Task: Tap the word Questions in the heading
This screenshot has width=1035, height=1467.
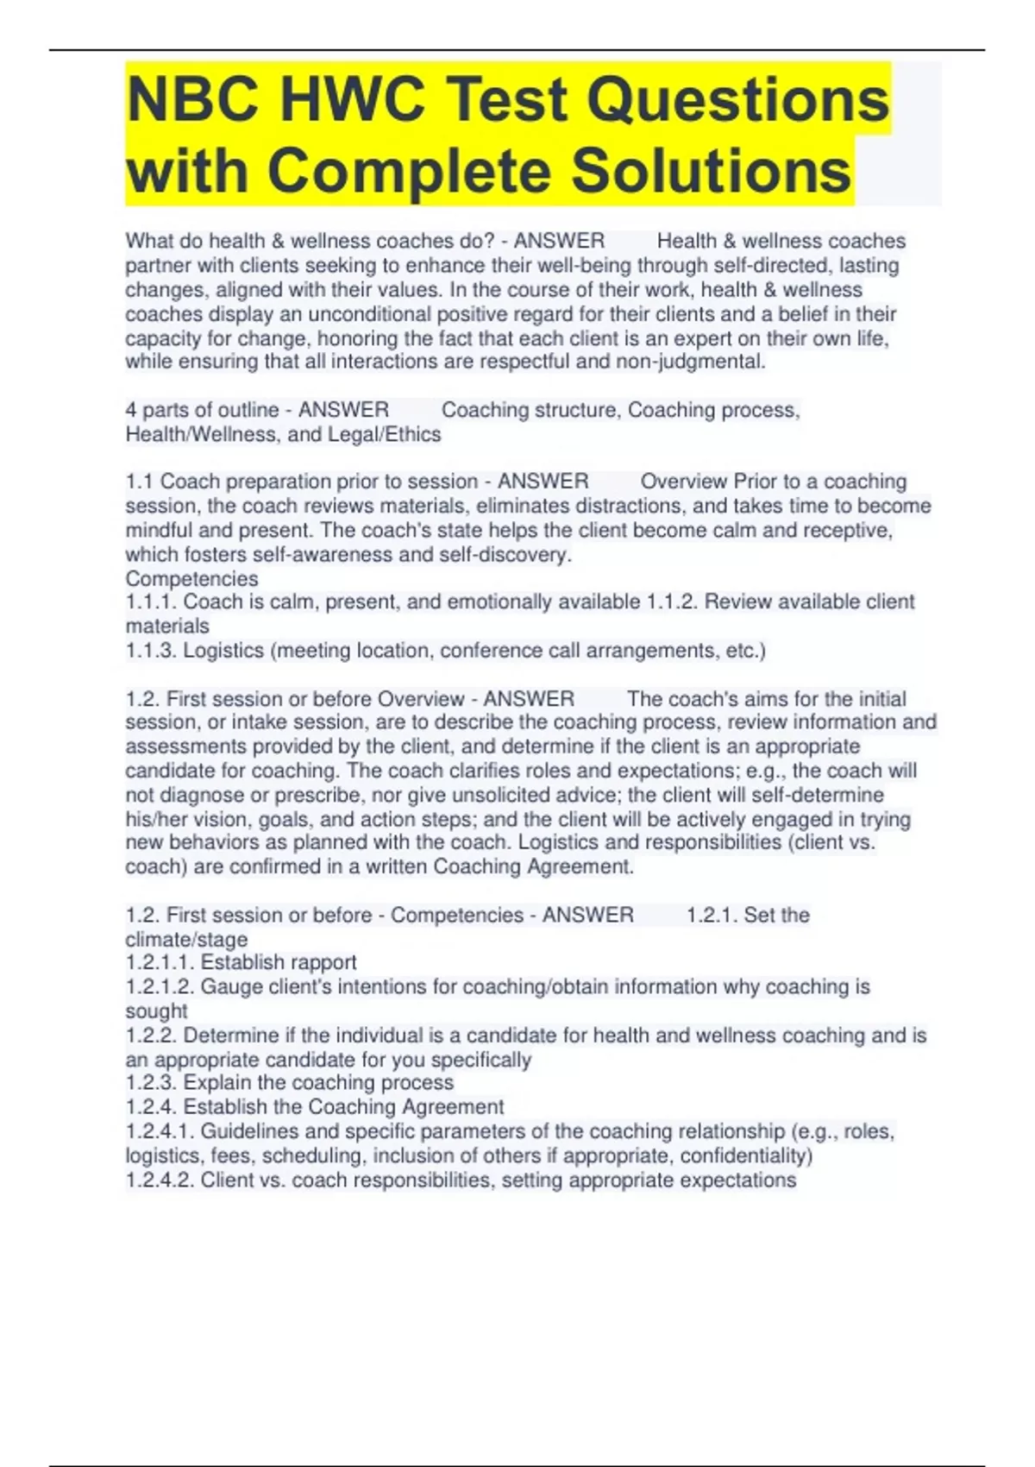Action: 740,99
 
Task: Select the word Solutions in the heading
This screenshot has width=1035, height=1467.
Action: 712,170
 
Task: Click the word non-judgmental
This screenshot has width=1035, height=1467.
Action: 690,362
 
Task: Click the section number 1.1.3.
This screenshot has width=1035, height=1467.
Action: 151,651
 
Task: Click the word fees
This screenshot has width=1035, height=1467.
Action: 231,1155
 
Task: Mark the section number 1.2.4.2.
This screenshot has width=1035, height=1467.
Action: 160,1180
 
